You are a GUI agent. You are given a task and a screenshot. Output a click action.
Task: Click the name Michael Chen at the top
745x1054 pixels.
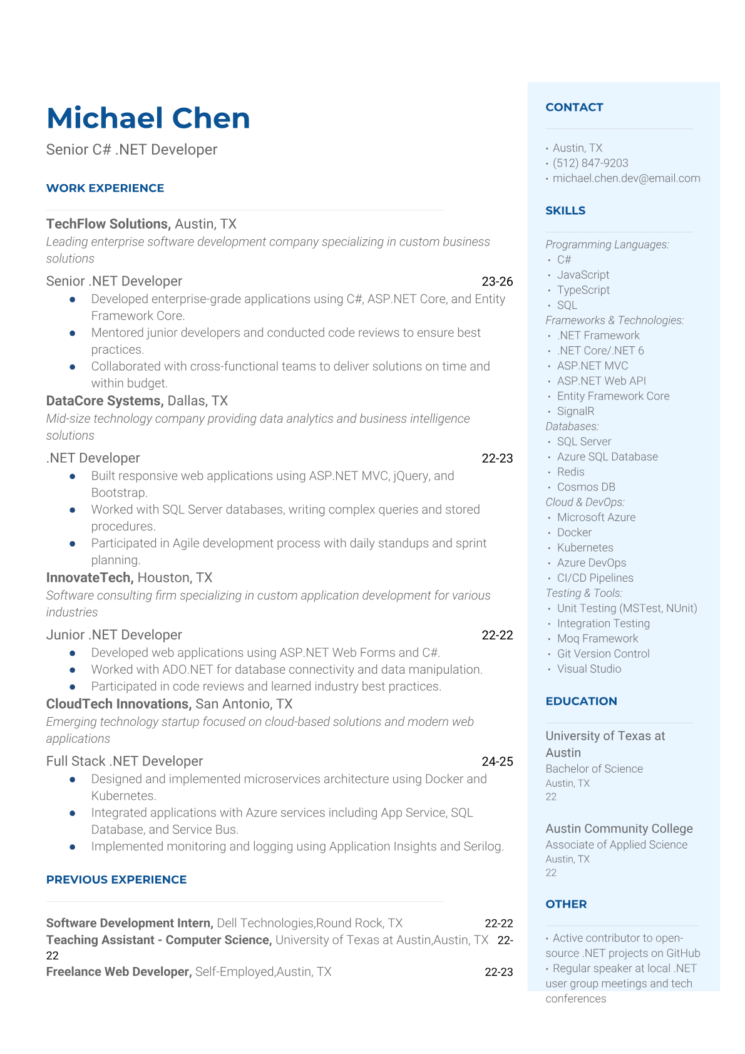[148, 118]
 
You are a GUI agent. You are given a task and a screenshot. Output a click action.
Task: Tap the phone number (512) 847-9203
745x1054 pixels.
[590, 163]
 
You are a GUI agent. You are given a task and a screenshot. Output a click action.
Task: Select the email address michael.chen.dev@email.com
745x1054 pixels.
[626, 178]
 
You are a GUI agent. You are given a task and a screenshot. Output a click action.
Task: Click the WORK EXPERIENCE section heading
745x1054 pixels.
[105, 189]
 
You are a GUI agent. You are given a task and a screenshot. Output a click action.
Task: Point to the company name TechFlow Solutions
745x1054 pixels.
[107, 224]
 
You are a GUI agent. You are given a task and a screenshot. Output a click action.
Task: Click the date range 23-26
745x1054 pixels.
[497, 282]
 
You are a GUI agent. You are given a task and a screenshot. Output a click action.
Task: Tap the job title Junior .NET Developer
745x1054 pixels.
[114, 635]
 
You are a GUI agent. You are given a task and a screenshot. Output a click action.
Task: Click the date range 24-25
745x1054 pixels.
[497, 762]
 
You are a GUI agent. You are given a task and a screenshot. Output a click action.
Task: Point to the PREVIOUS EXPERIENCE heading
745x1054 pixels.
[116, 880]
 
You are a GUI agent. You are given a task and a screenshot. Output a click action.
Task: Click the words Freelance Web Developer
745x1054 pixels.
[118, 972]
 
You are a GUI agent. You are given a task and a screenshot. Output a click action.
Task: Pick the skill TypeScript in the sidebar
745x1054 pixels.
[583, 290]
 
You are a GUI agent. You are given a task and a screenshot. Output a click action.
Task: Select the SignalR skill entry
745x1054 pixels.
[575, 411]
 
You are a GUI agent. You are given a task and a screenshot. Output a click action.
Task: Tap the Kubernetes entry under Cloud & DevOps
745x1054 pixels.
[585, 548]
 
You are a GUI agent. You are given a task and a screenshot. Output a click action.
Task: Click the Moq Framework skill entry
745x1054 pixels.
[597, 639]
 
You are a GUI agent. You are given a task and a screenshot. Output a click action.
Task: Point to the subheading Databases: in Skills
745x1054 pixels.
[572, 426]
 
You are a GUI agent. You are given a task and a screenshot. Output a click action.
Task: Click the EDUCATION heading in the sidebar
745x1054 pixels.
[581, 701]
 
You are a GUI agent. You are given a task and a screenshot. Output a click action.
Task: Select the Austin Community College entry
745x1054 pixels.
[619, 829]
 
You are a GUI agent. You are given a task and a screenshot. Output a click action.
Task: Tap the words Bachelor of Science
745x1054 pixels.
[593, 769]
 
